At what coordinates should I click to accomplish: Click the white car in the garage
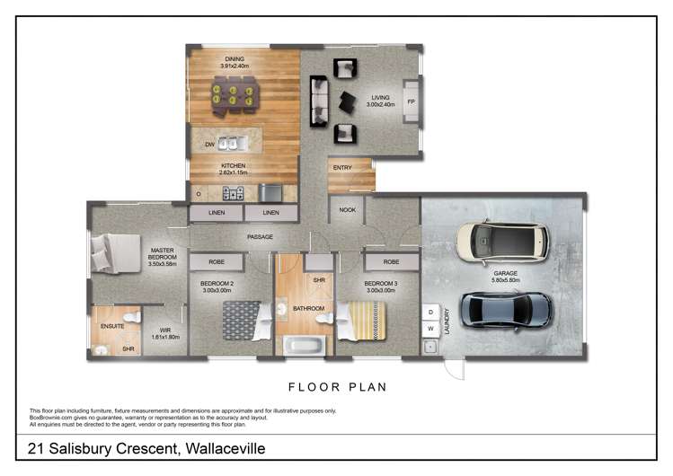(501, 241)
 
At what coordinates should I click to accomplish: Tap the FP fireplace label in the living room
(412, 101)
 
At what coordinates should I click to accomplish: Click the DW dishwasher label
(208, 144)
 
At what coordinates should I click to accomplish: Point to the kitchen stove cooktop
(232, 192)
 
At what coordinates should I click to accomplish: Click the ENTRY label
(342, 167)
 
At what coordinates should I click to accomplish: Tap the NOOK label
(347, 209)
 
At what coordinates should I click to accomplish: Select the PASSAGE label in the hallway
(261, 237)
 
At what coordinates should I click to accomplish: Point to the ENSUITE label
(112, 326)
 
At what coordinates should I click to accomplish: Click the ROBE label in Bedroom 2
(217, 262)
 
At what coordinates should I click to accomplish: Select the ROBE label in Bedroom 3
(390, 262)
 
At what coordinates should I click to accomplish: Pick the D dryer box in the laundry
(430, 312)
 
